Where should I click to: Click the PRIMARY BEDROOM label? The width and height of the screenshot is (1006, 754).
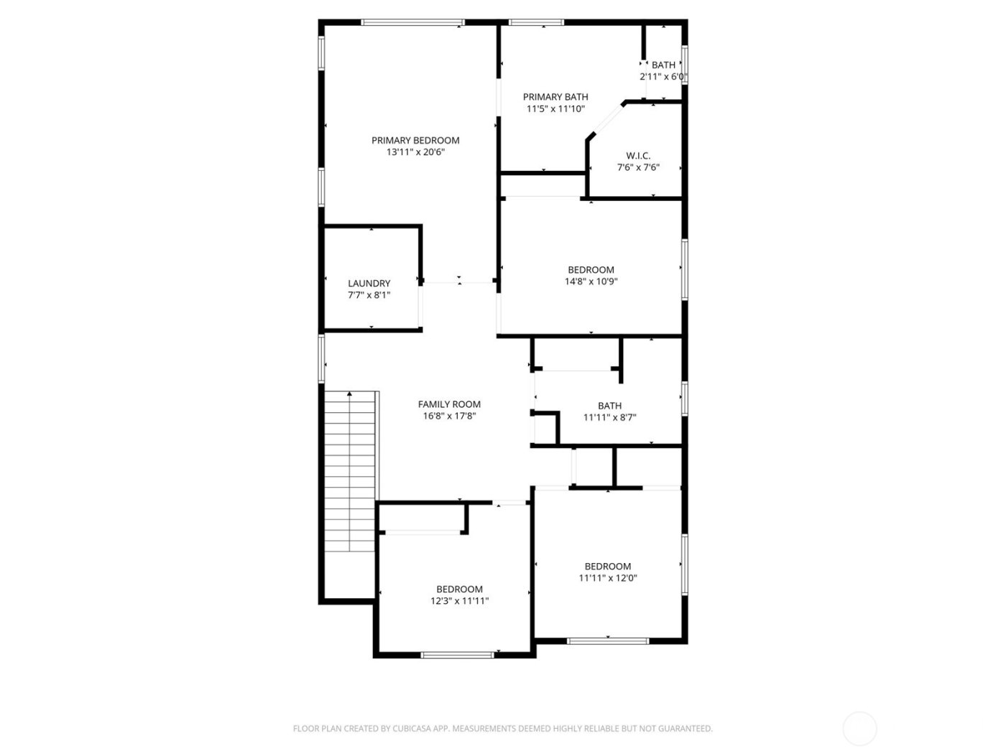pyautogui.click(x=415, y=140)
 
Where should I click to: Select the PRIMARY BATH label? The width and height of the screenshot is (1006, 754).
pyautogui.click(x=555, y=97)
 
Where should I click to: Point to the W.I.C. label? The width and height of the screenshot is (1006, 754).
pyautogui.click(x=638, y=155)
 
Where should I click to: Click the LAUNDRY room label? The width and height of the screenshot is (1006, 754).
pyautogui.click(x=369, y=284)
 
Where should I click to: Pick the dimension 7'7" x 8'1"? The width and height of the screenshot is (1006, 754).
pyautogui.click(x=369, y=295)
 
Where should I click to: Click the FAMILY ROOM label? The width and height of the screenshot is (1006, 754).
pyautogui.click(x=449, y=404)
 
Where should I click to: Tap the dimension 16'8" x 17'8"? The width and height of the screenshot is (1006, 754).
pyautogui.click(x=449, y=416)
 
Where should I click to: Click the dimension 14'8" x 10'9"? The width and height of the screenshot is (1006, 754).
pyautogui.click(x=591, y=281)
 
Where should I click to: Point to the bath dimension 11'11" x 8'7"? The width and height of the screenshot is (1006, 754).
pyautogui.click(x=609, y=417)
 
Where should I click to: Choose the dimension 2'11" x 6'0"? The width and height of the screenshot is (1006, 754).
pyautogui.click(x=663, y=77)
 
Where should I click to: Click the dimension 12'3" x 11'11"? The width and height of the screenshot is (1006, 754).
pyautogui.click(x=459, y=601)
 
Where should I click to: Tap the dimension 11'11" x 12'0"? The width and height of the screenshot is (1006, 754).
pyautogui.click(x=608, y=578)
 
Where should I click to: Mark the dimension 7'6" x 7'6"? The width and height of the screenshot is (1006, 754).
pyautogui.click(x=638, y=167)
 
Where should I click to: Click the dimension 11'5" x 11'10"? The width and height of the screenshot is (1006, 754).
pyautogui.click(x=555, y=109)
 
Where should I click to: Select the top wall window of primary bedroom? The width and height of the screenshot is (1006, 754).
pyautogui.click(x=412, y=22)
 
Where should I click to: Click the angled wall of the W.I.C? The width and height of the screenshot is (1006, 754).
pyautogui.click(x=606, y=119)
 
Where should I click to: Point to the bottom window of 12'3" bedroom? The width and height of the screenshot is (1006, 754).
pyautogui.click(x=457, y=654)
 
